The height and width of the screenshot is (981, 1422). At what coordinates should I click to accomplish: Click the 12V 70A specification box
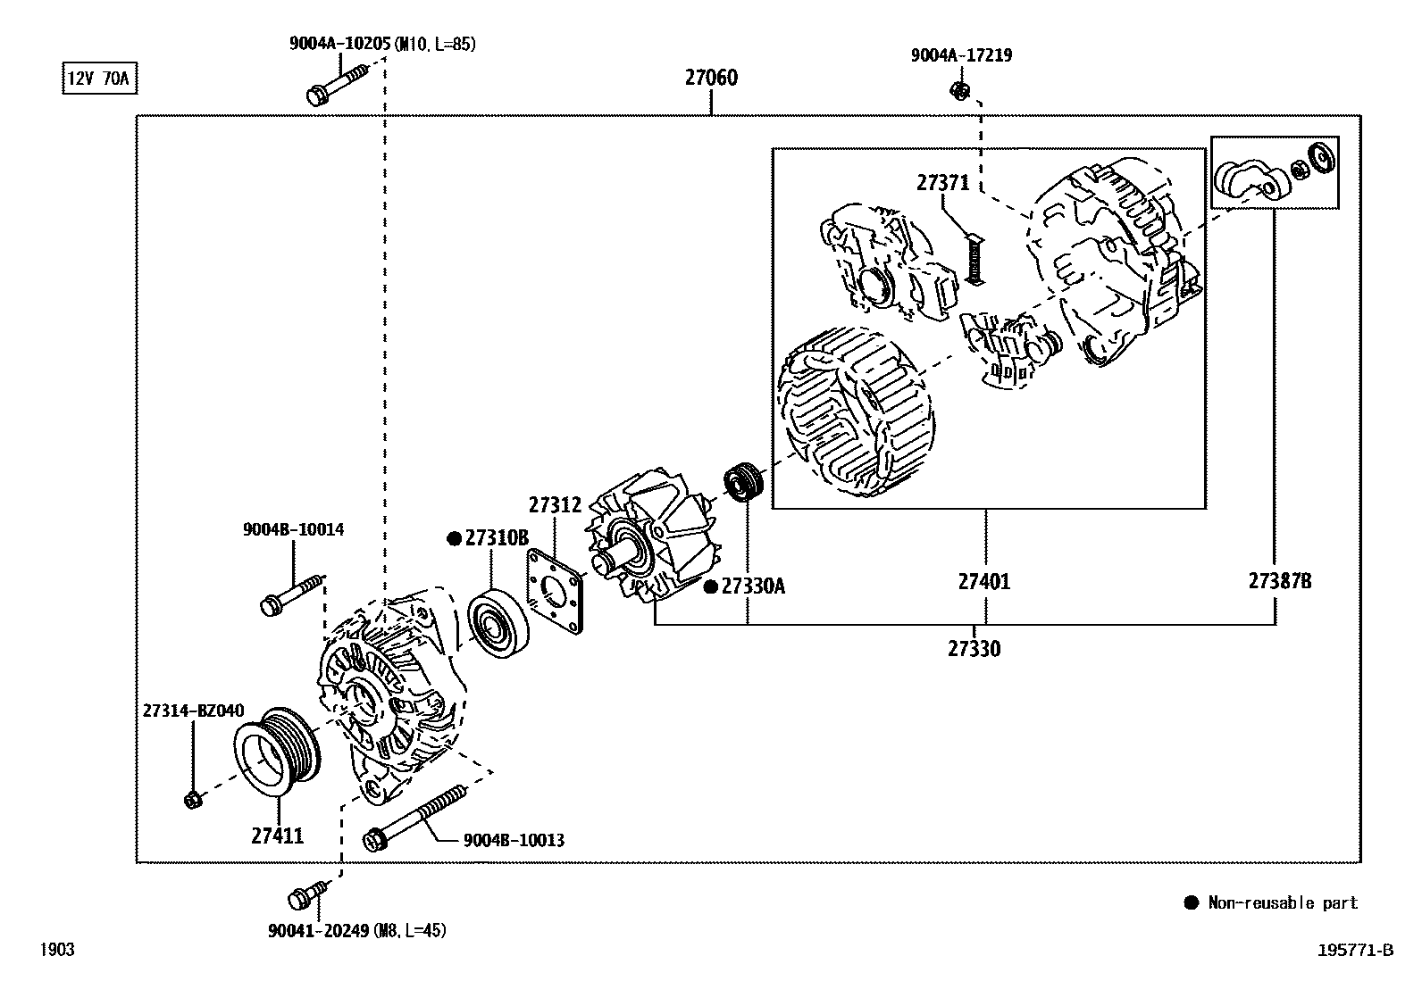98,79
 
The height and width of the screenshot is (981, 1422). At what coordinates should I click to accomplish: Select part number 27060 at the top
711,78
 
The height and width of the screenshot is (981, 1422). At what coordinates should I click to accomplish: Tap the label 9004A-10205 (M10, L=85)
381,43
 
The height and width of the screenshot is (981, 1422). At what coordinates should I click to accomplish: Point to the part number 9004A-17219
961,55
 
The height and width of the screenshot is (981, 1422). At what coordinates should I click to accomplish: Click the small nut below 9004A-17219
960,90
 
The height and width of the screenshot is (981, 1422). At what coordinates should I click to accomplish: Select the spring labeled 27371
974,258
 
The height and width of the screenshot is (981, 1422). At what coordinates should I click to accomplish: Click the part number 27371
942,183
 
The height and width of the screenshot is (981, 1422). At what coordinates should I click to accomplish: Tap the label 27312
555,505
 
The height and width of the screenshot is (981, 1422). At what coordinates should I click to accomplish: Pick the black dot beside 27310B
454,538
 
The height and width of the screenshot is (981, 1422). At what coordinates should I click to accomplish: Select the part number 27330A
753,586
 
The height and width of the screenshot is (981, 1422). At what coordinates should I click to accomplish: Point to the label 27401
984,582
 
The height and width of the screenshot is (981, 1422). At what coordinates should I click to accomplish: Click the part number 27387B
1279,582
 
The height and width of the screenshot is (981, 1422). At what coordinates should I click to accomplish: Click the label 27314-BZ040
193,711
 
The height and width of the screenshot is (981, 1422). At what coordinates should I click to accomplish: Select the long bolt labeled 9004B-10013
414,816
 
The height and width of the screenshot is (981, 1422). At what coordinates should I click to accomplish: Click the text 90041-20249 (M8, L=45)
356,931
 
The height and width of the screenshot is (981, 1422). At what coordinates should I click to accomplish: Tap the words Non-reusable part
1282,903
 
